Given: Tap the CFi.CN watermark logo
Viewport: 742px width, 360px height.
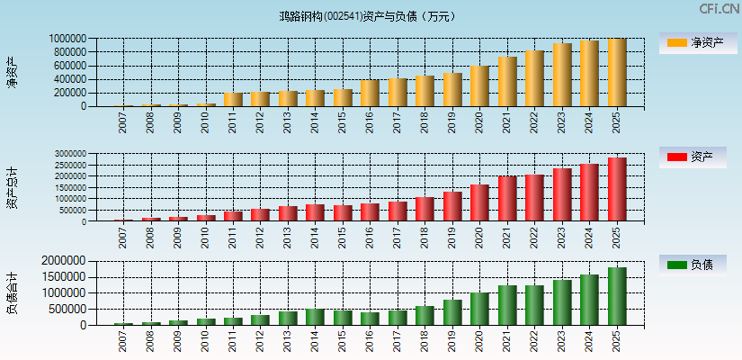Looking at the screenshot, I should pos(719,9).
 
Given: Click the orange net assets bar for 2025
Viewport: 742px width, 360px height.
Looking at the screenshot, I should pos(617,73).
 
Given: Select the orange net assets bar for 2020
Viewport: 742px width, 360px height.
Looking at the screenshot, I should pos(479,86).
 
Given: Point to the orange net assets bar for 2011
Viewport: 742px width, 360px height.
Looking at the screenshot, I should pos(233,100).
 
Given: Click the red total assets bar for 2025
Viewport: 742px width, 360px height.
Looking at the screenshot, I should pos(617,190).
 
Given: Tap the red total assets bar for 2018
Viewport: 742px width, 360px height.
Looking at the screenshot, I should pos(425,209).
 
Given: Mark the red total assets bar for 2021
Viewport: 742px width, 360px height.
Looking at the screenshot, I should pos(507,199).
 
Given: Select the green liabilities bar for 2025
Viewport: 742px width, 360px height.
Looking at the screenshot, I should pos(617,296).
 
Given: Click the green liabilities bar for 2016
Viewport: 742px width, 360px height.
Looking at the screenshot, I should pos(370,319).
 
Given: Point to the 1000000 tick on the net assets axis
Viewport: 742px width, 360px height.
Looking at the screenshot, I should pos(68,39).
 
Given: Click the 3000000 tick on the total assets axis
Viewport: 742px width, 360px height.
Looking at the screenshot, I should pos(68,154).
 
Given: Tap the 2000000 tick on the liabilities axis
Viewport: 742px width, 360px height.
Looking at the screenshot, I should pos(64,261).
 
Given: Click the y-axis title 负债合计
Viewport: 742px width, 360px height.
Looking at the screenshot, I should pos(12,292).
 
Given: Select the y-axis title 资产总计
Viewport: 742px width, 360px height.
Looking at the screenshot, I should pos(12,188).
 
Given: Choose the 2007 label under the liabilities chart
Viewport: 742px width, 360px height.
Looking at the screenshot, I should pos(123,340).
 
